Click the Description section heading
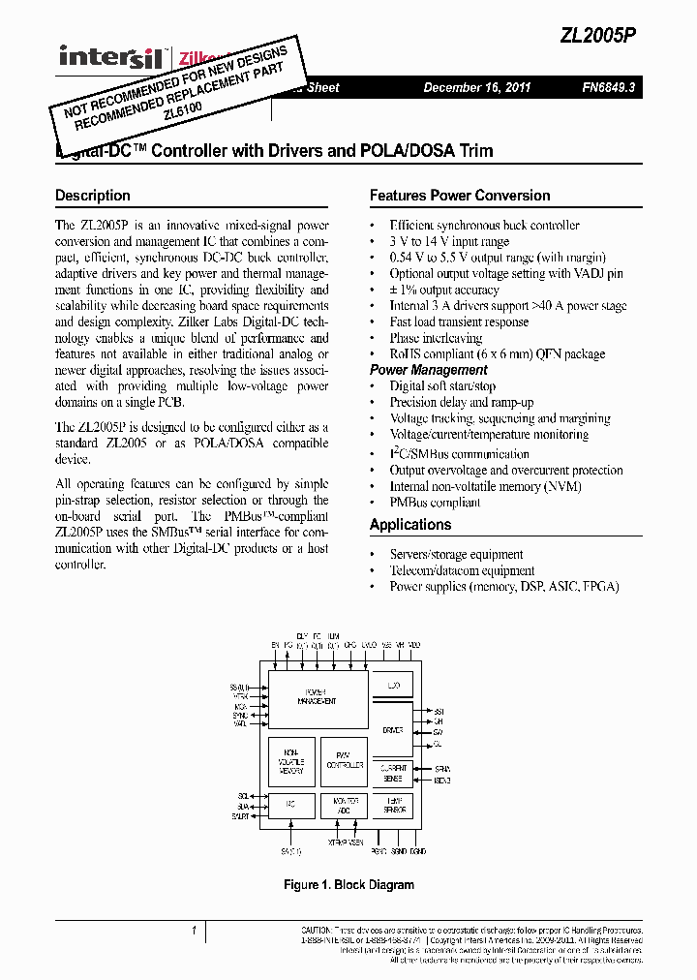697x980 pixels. pyautogui.click(x=93, y=196)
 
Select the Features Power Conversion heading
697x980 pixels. pyautogui.click(x=460, y=196)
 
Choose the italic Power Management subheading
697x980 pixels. pyautogui.click(x=429, y=370)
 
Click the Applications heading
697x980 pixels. pyautogui.click(x=410, y=525)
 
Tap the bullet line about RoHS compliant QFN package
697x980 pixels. pyautogui.click(x=497, y=354)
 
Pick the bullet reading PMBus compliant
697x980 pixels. pyautogui.click(x=435, y=503)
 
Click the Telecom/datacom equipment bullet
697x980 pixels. pyautogui.click(x=462, y=570)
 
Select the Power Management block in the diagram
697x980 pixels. pyautogui.click(x=317, y=697)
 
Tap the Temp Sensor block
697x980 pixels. pyautogui.click(x=393, y=804)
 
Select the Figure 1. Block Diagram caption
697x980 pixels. pyautogui.click(x=348, y=885)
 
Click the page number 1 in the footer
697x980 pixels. pyautogui.click(x=195, y=932)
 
